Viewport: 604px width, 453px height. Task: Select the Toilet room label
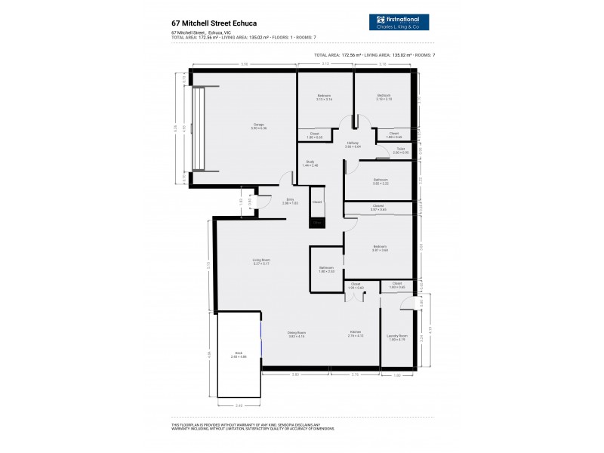click(x=402, y=150)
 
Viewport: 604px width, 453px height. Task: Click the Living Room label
click(x=261, y=261)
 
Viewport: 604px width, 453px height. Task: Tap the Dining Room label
click(x=297, y=333)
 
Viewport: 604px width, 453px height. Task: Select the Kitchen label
click(x=355, y=333)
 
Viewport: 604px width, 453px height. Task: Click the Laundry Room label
click(x=397, y=337)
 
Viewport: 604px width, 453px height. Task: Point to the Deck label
click(x=239, y=353)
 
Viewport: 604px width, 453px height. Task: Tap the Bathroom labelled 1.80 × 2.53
click(x=326, y=269)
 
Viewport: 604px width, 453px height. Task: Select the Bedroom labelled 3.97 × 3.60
click(x=380, y=248)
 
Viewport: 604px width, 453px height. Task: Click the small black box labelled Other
click(x=318, y=223)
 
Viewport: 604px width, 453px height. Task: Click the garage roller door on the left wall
click(x=200, y=128)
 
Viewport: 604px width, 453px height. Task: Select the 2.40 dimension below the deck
click(x=239, y=405)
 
